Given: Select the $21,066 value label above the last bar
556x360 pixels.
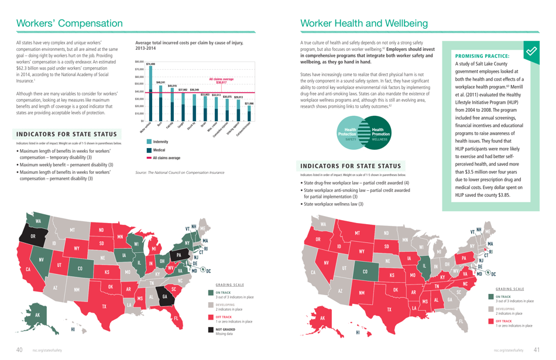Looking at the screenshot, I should pyautogui.click(x=249, y=104).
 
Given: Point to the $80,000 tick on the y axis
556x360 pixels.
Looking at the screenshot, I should pyautogui.click(x=139, y=62).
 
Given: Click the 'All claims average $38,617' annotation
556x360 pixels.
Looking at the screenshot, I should pyautogui.click(x=221, y=81).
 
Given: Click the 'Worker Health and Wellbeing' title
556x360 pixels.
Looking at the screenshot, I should pyautogui.click(x=363, y=23).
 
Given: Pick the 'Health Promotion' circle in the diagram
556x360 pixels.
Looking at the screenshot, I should pyautogui.click(x=377, y=132).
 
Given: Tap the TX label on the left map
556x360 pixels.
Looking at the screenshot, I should pyautogui.click(x=105, y=306).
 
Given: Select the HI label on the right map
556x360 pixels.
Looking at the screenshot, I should pyautogui.click(x=357, y=332).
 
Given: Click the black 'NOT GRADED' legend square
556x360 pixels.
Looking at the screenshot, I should pyautogui.click(x=211, y=331).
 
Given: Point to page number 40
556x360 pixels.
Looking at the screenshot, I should pyautogui.click(x=19, y=349).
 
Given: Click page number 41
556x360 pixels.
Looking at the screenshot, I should pyautogui.click(x=536, y=349).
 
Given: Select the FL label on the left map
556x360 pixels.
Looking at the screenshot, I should pyautogui.click(x=175, y=318).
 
